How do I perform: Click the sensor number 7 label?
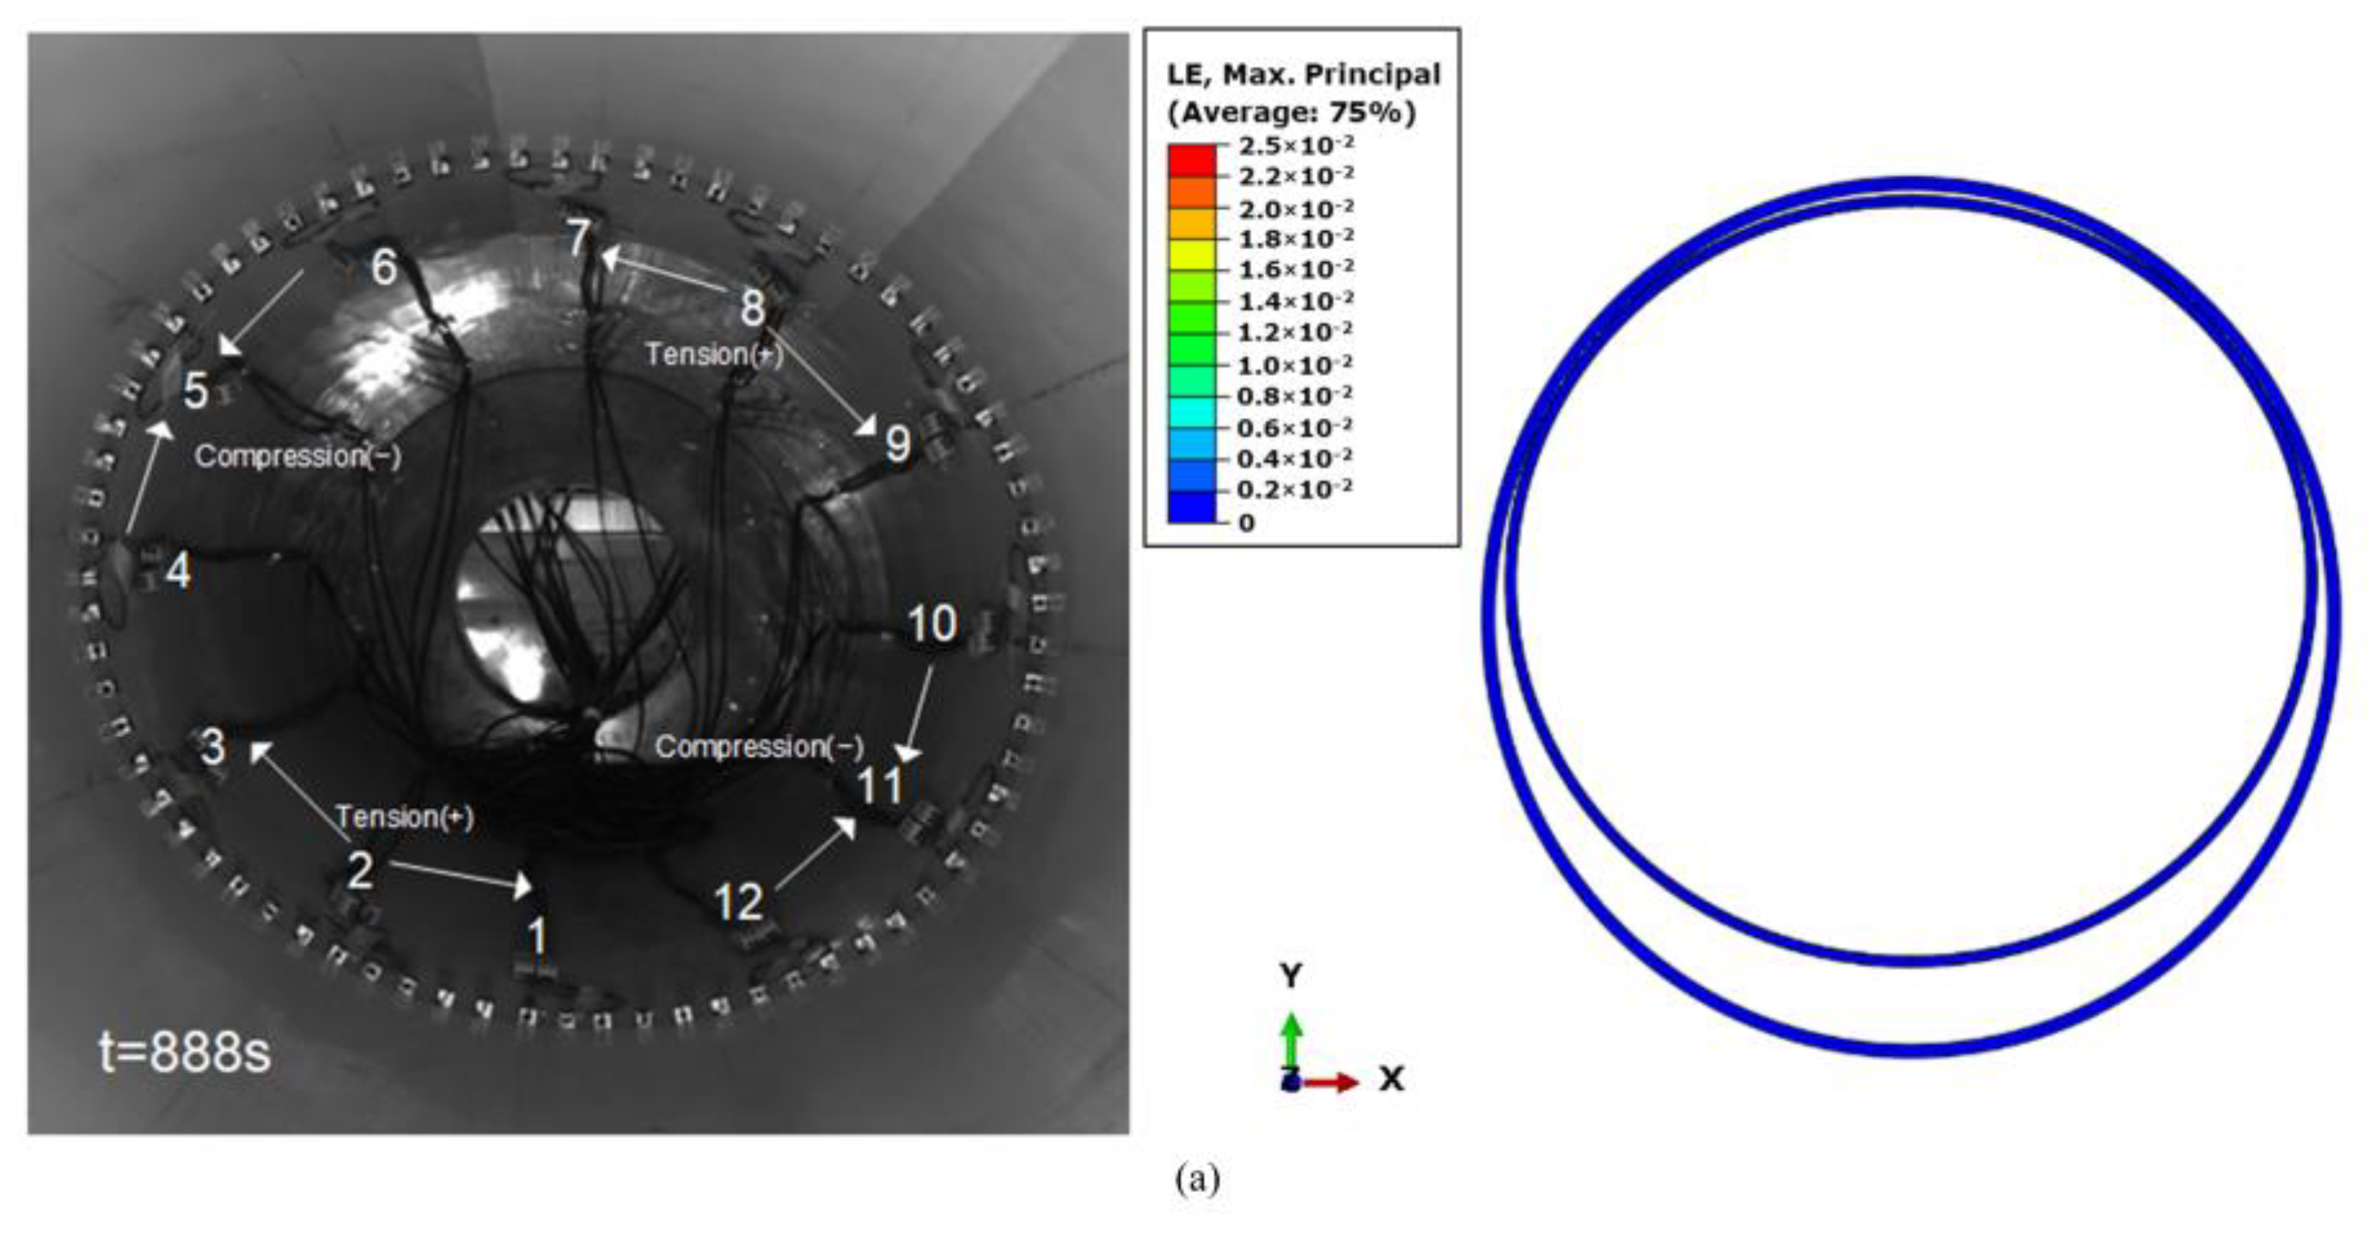pyautogui.click(x=577, y=238)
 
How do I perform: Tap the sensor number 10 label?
pyautogui.click(x=932, y=624)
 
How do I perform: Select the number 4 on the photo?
pyautogui.click(x=178, y=571)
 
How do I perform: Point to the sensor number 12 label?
pyautogui.click(x=739, y=902)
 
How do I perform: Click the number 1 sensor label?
pyautogui.click(x=536, y=938)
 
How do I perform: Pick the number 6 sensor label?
pyautogui.click(x=383, y=267)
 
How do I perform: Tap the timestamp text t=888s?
pyautogui.click(x=185, y=1051)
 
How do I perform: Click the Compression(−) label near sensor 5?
pyautogui.click(x=298, y=455)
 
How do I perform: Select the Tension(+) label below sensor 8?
pyautogui.click(x=714, y=354)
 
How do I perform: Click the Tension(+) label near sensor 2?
pyautogui.click(x=405, y=816)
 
